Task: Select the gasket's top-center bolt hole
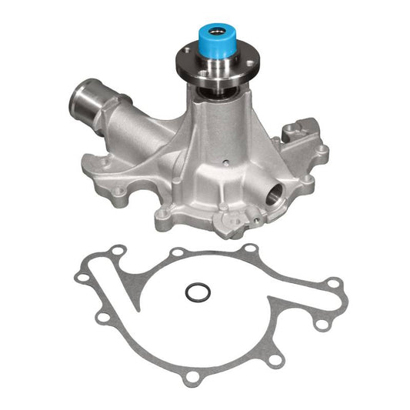(x=178, y=253)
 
